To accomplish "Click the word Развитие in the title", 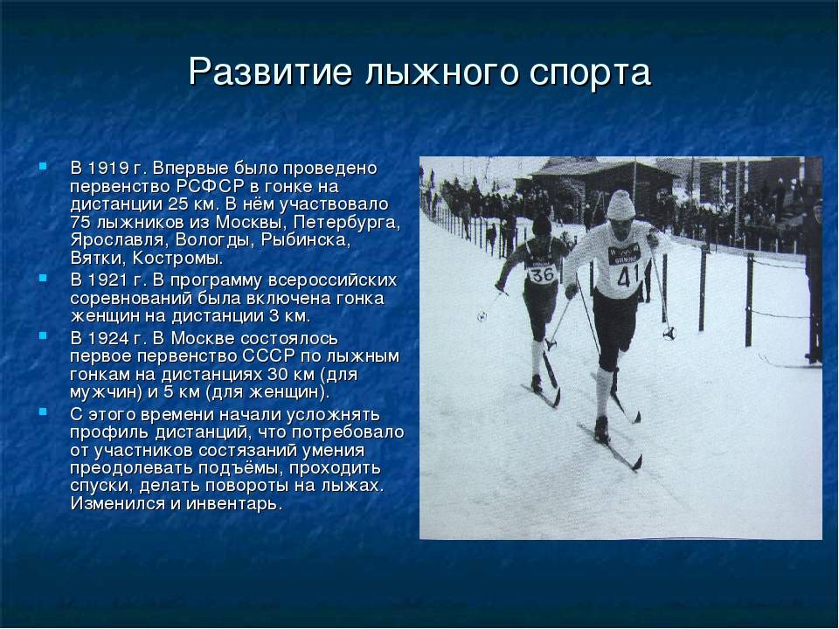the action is coord(270,72).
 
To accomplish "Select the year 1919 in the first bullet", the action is coord(107,168).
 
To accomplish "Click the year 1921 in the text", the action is coord(107,280).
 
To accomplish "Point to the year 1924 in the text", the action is coord(107,339).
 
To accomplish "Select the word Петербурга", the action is coord(346,223).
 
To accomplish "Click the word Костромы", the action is coord(177,259).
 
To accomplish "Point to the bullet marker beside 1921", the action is coord(43,278).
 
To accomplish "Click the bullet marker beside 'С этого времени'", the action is coord(43,411).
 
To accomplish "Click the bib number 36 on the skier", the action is coord(542,274).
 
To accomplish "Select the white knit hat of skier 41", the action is coord(621,204).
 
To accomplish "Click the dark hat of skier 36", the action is coord(542,225).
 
